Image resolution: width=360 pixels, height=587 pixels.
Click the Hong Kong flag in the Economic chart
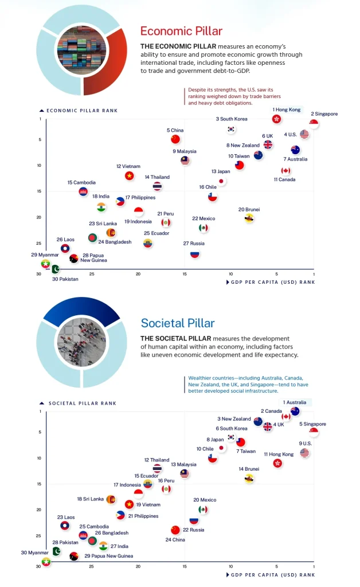point(276,119)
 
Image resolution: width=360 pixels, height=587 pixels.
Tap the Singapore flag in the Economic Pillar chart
point(314,124)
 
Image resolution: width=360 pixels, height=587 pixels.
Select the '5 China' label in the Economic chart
point(175,131)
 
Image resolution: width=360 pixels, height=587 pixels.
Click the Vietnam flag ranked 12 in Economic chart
point(130,175)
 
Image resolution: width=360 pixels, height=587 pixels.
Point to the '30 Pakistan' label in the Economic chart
point(65,279)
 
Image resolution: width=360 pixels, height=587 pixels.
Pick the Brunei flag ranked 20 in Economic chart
point(249,218)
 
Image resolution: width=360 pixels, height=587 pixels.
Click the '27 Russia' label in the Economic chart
point(194,244)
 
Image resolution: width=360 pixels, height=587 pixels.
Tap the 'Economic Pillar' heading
point(181,32)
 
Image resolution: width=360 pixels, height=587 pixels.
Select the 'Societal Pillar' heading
point(178,323)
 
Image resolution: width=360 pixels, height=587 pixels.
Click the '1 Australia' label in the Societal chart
point(294,402)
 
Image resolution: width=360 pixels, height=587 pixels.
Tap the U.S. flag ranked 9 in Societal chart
point(304,453)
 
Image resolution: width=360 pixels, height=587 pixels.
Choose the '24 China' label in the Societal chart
point(175,539)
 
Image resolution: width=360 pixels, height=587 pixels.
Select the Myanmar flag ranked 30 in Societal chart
point(46,561)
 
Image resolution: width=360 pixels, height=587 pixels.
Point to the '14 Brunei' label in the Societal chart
point(249,469)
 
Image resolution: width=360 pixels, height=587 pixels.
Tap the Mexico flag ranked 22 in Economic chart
point(203,228)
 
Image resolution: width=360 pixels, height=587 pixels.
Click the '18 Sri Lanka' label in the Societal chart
point(91,499)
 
